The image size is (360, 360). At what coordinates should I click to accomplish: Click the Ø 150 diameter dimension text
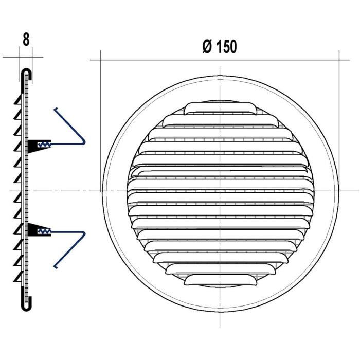click(220, 47)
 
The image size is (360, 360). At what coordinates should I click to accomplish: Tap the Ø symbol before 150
click(207, 47)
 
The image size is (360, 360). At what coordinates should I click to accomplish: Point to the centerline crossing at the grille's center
click(220, 190)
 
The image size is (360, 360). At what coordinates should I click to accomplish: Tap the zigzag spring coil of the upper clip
click(45, 145)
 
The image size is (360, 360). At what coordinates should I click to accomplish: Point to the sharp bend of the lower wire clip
click(84, 235)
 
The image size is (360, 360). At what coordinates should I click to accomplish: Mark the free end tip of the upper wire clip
click(55, 109)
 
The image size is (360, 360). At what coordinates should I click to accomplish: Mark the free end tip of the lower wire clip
click(55, 266)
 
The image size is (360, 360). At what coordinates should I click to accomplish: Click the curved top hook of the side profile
click(27, 73)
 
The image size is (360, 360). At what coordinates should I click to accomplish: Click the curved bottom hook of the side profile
click(27, 306)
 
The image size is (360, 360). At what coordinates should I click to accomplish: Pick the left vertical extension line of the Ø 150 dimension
click(101, 103)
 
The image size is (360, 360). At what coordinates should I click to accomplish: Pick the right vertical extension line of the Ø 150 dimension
click(339, 103)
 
